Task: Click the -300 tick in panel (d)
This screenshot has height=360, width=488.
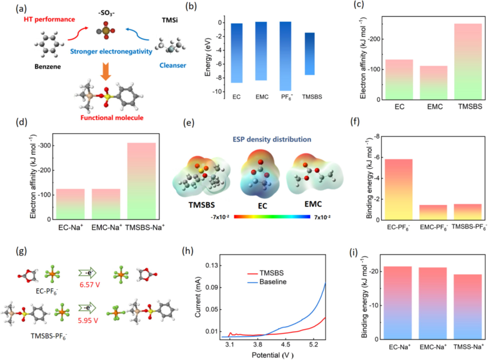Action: pos(41,144)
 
